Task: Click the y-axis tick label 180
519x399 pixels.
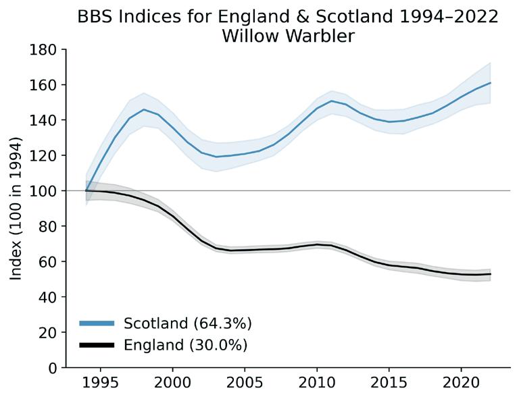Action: [43, 49]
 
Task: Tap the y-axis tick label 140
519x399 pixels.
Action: [43, 120]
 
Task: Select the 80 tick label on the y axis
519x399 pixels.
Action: [48, 226]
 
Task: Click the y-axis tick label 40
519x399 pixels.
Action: [48, 297]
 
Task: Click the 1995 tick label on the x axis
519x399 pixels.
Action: [100, 383]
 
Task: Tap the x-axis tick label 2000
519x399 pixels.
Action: [172, 383]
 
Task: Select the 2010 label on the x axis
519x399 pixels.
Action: [317, 383]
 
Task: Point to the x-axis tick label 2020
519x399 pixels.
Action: [461, 383]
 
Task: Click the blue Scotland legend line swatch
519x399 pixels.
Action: [97, 323]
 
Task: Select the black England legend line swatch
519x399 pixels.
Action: [97, 346]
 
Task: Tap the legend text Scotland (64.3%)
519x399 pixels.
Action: [188, 323]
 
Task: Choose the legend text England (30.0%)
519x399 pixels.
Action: [186, 346]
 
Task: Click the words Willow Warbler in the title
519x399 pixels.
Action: [288, 36]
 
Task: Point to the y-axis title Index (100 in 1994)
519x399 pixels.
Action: [16, 209]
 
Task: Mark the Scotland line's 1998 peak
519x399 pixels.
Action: [144, 109]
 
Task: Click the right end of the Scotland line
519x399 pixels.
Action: [490, 82]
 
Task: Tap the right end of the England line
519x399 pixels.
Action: [490, 274]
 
